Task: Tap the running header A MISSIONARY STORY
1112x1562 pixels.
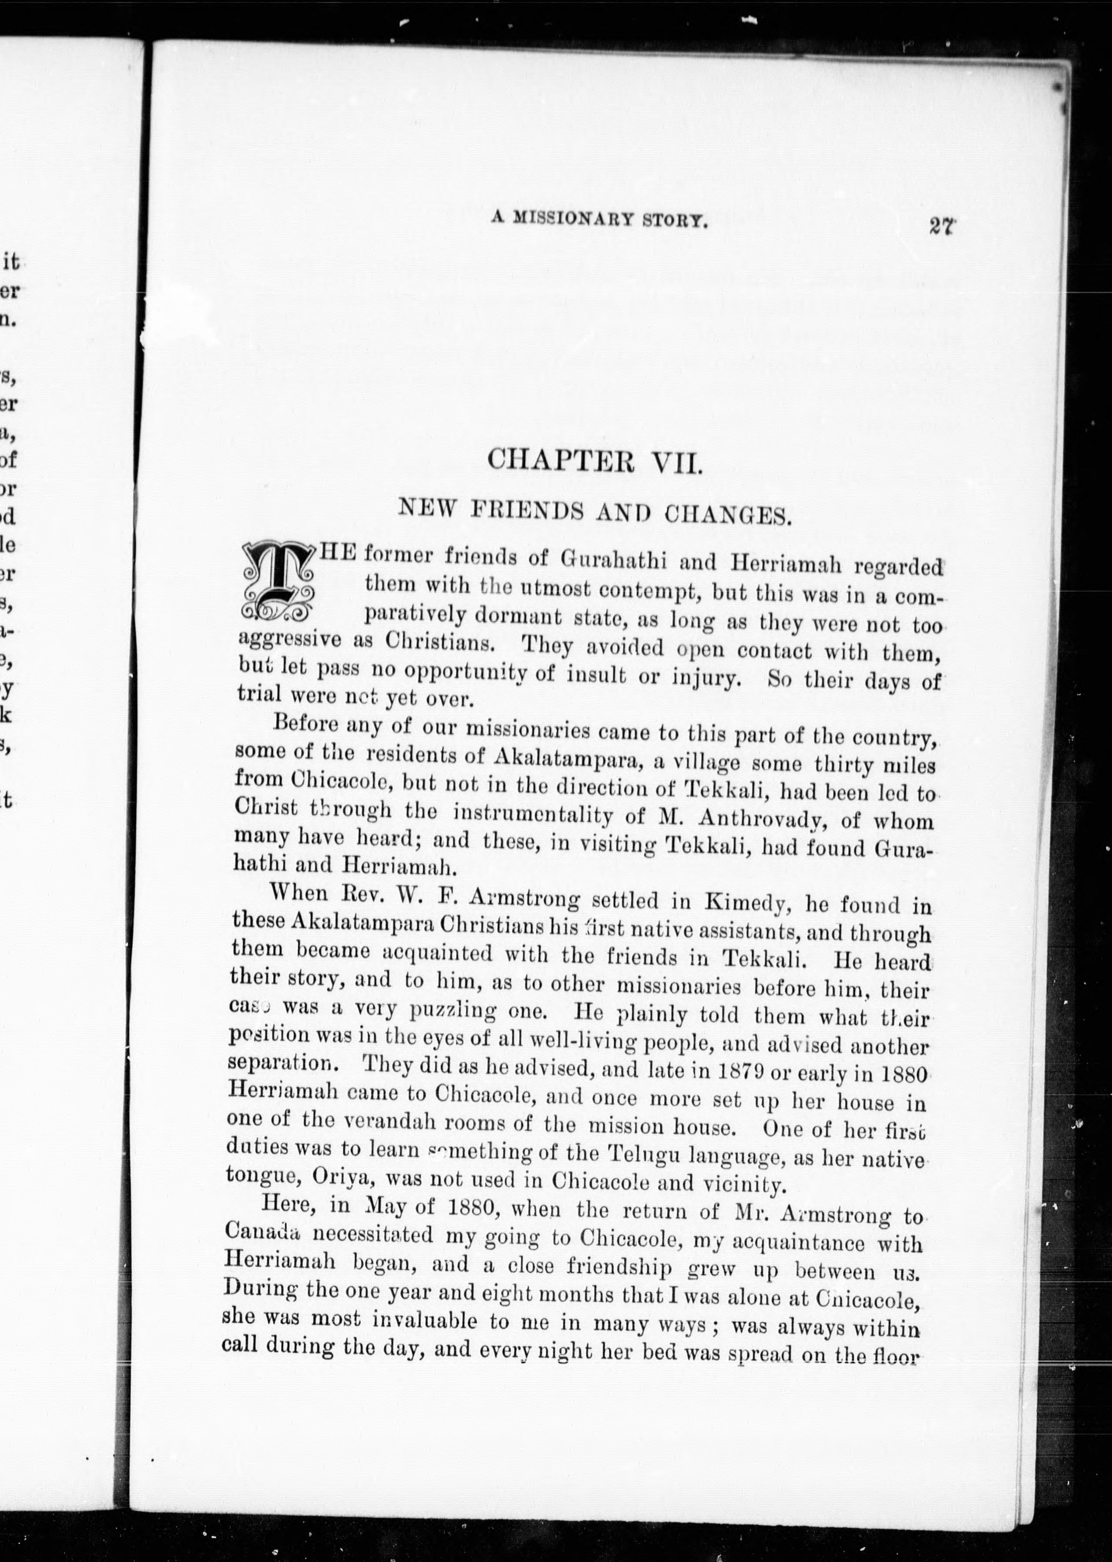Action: click(599, 221)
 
